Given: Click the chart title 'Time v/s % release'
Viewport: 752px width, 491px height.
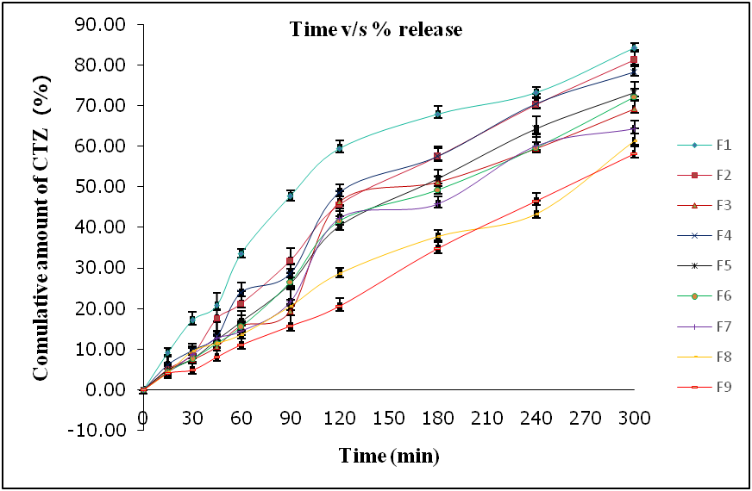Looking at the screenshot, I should (375, 30).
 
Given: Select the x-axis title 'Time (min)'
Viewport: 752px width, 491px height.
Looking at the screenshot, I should (389, 454).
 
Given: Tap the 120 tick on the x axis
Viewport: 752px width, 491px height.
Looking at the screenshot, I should (340, 419).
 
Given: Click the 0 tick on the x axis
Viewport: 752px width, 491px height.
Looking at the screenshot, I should (143, 419).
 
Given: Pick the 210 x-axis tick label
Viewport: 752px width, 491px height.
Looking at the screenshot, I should (487, 419).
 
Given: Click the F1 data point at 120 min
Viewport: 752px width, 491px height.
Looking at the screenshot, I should (340, 147).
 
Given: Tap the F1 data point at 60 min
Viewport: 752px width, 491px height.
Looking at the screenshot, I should (241, 253).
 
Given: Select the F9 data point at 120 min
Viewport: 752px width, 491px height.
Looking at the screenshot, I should (340, 306).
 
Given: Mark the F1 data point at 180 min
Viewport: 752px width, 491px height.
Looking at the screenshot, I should (438, 114).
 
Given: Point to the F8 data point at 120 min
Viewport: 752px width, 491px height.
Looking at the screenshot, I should (340, 272).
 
